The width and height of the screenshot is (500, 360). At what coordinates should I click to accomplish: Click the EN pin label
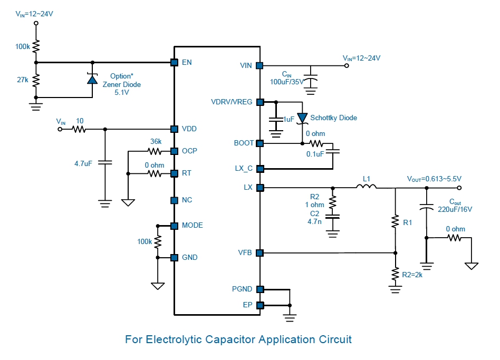tap(186, 63)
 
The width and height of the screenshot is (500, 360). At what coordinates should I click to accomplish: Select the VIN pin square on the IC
tap(259, 66)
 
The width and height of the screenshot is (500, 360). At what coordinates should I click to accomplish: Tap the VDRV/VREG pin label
tap(232, 102)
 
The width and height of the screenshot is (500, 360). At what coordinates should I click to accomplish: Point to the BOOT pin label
tap(244, 143)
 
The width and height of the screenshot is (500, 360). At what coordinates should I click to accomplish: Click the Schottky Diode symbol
tap(302, 118)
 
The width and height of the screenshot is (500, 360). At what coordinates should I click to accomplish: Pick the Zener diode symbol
tap(92, 79)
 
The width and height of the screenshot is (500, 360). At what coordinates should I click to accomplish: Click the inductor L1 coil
tap(366, 186)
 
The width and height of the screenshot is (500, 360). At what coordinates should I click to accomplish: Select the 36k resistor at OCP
tap(155, 151)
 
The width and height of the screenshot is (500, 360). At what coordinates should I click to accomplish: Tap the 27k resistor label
tap(23, 80)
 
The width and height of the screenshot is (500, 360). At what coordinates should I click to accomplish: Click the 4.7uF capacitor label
tap(83, 164)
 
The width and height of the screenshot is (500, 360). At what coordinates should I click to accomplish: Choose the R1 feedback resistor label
tap(407, 223)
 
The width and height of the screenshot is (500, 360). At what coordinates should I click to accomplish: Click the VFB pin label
tap(245, 253)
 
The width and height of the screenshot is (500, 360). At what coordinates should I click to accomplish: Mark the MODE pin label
tap(193, 226)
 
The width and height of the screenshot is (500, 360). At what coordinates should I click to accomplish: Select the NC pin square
tap(174, 200)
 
